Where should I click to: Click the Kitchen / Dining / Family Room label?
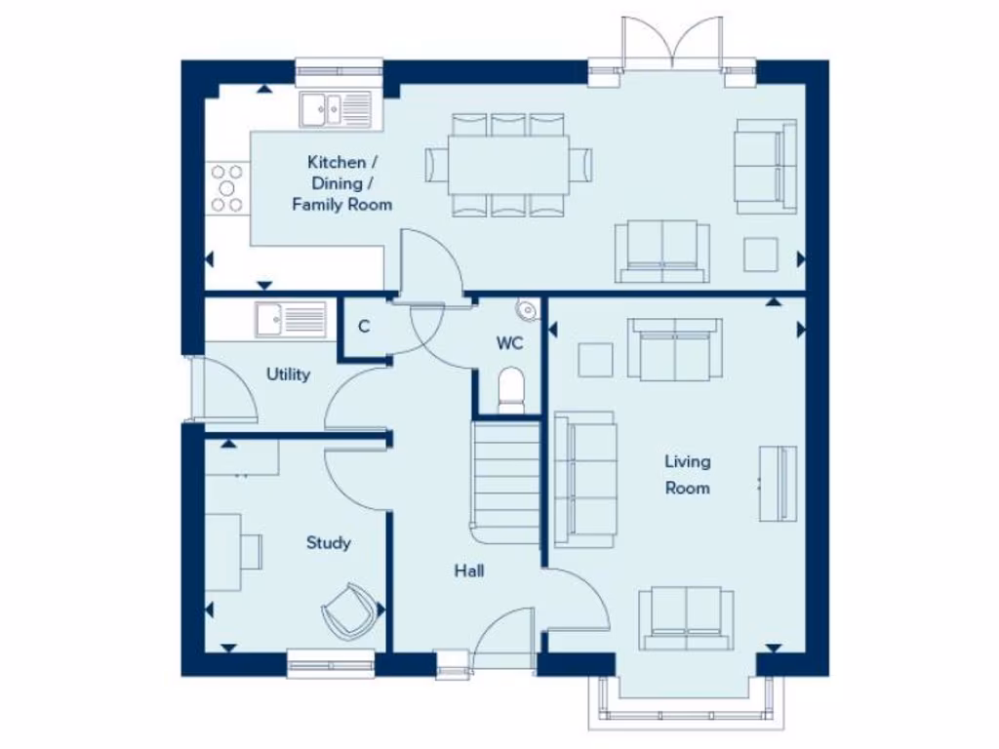coord(341,183)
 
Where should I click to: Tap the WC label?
coord(509,343)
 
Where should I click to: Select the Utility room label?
coord(288,374)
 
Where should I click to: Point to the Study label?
coord(328,543)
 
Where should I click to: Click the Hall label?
coord(468,572)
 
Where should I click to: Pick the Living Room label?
coord(688,474)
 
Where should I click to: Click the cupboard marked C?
coord(363,327)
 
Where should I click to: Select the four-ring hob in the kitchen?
coord(227,188)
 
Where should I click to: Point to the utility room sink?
coord(291,318)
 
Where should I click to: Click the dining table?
coord(507,164)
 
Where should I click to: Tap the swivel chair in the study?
coord(347,611)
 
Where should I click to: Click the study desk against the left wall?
coord(224,551)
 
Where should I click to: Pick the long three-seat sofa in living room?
coord(584,479)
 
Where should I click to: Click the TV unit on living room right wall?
coord(779,484)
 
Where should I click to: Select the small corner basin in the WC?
coord(528,310)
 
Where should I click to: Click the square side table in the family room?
coord(761,255)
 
